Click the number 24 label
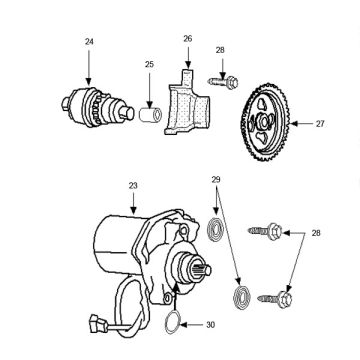click(88, 41)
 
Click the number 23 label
click(133, 185)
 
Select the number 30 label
click(210, 324)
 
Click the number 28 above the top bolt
click(220, 48)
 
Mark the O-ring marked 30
click(172, 323)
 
